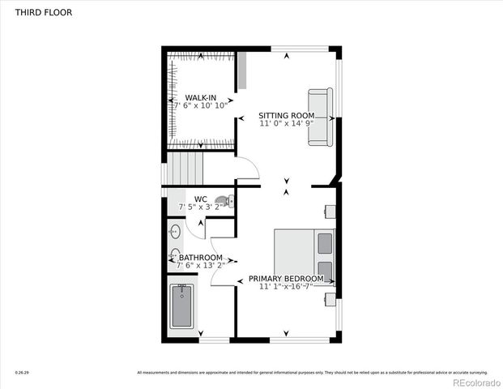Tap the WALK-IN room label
(200, 96)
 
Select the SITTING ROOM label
(286, 115)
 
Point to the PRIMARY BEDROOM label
(286, 279)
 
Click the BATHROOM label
(201, 258)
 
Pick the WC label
(201, 199)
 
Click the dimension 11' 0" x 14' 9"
(286, 124)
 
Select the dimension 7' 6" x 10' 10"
(200, 105)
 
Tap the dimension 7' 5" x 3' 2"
(201, 207)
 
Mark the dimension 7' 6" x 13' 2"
(200, 267)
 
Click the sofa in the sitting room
(319, 117)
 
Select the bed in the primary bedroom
(304, 256)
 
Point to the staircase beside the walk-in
(184, 170)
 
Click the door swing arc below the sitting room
(247, 168)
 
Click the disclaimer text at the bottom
(312, 373)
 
